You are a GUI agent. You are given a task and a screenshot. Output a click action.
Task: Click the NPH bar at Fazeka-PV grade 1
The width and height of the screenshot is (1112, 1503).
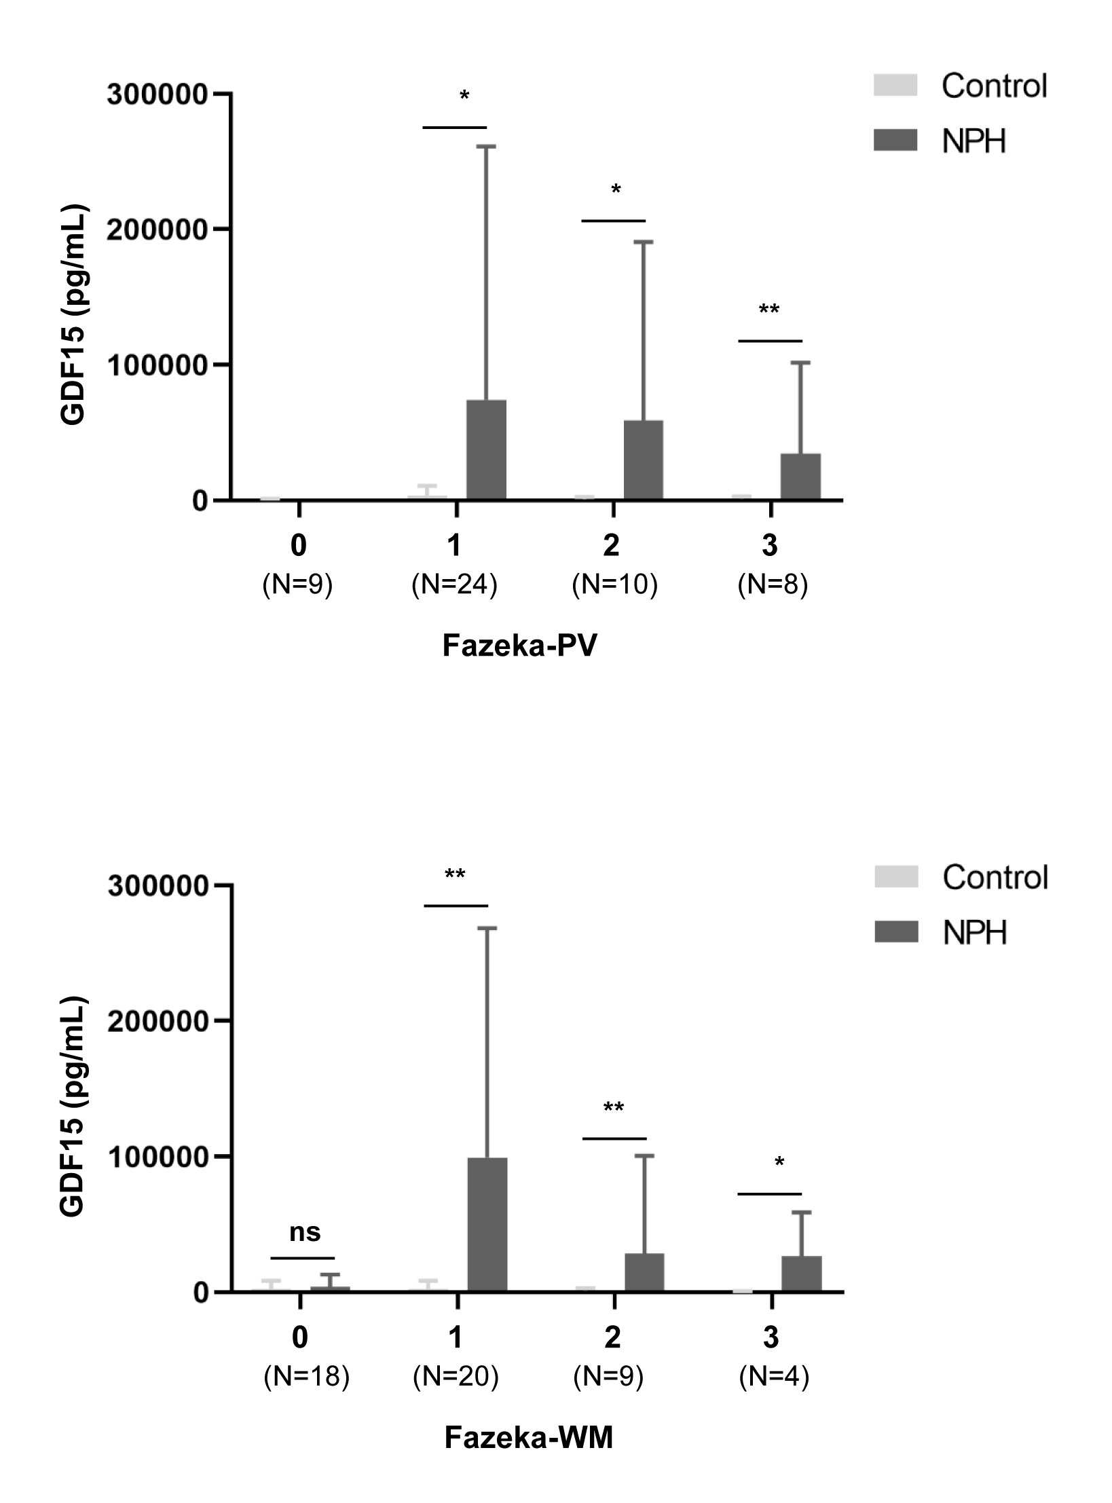pyautogui.click(x=486, y=450)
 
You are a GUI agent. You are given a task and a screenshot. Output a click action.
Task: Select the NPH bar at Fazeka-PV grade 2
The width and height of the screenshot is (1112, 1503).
pyautogui.click(x=644, y=460)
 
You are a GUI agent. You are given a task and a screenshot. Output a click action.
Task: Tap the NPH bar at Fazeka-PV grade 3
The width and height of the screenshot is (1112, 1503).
pyautogui.click(x=800, y=477)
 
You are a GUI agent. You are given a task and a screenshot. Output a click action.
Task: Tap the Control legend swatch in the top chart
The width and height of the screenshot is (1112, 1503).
pyautogui.click(x=895, y=86)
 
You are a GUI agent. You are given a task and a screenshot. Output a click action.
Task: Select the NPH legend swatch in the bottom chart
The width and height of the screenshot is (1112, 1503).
pyautogui.click(x=896, y=931)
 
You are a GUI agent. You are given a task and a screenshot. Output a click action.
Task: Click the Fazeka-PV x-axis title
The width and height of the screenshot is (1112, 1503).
pyautogui.click(x=520, y=646)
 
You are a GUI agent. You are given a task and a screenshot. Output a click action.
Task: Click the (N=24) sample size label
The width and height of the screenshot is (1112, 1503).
pyautogui.click(x=455, y=584)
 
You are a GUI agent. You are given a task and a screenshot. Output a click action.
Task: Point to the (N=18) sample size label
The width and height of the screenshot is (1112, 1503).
pyautogui.click(x=307, y=1376)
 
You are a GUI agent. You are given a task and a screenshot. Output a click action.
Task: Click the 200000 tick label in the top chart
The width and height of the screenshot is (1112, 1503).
pyautogui.click(x=156, y=230)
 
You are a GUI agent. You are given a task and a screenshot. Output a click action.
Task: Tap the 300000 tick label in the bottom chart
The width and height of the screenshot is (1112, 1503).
pyautogui.click(x=157, y=887)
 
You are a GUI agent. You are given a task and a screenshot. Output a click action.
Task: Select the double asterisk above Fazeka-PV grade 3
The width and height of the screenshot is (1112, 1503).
pyautogui.click(x=769, y=310)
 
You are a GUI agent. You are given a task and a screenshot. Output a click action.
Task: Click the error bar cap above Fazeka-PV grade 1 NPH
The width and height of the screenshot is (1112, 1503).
pyautogui.click(x=486, y=146)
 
